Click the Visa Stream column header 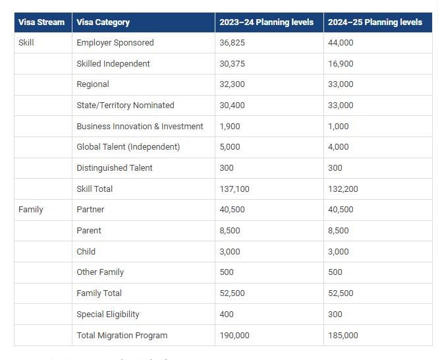click(41, 22)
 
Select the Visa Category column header click(103, 22)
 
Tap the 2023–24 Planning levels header click(267, 22)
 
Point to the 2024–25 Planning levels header click(375, 22)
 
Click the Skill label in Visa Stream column click(26, 43)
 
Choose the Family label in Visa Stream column click(31, 210)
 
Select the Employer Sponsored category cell click(115, 43)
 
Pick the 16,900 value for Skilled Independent click(341, 64)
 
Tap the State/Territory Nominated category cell click(125, 105)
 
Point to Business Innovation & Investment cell click(140, 127)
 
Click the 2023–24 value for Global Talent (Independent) click(230, 147)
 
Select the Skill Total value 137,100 click(234, 189)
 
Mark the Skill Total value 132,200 click(343, 189)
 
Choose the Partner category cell click(90, 210)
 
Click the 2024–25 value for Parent click(339, 231)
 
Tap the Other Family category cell click(100, 272)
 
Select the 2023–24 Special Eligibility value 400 click(227, 315)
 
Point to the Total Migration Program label click(122, 336)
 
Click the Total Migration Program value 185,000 click(343, 336)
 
